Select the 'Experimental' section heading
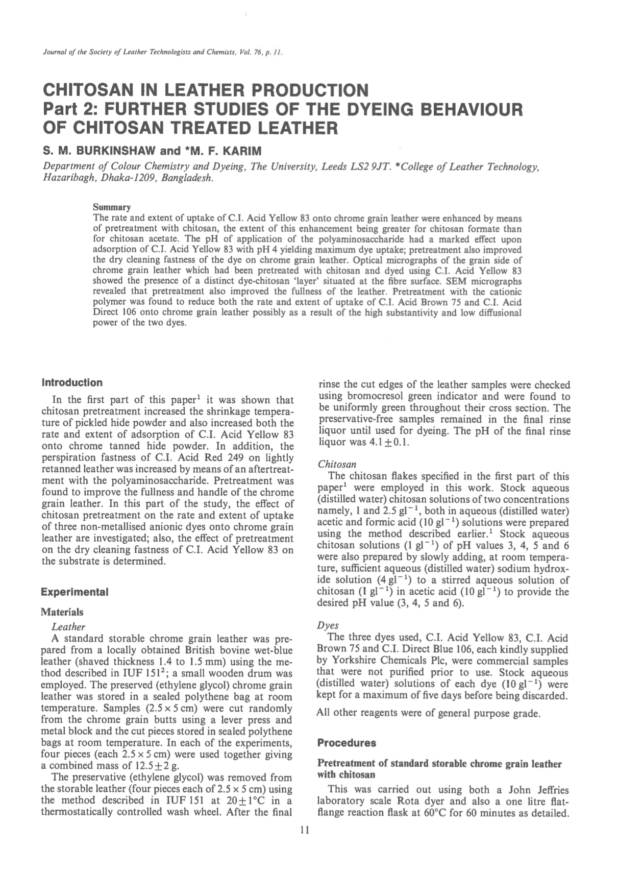click(x=75, y=593)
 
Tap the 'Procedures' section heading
click(x=347, y=743)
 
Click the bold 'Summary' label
click(x=111, y=207)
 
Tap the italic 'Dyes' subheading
click(x=328, y=625)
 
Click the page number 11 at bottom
click(x=305, y=831)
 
